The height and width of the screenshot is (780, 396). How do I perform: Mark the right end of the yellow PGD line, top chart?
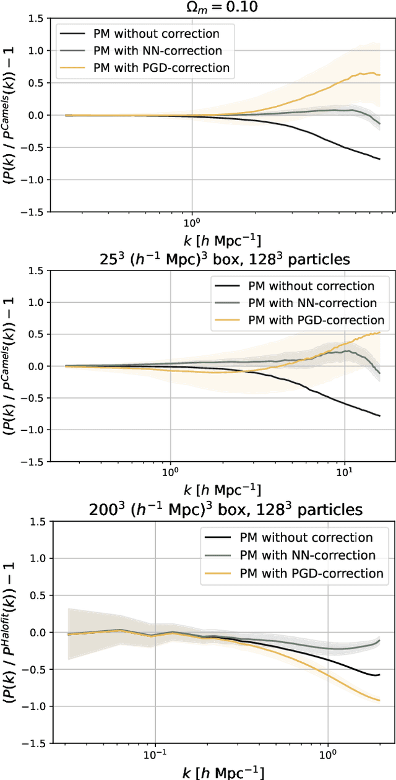tap(379, 75)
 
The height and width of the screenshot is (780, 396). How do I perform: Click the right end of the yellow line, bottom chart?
tap(379, 700)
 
